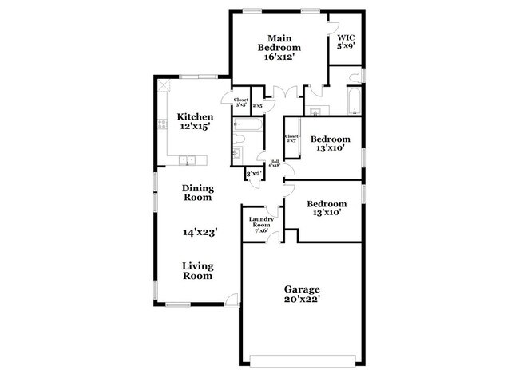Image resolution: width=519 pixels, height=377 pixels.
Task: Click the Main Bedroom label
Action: click(x=279, y=47)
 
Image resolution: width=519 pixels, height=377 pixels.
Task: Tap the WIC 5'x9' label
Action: click(x=345, y=41)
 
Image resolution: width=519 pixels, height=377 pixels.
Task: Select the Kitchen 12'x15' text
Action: click(x=194, y=122)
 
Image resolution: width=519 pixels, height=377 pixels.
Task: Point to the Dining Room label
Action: click(x=198, y=193)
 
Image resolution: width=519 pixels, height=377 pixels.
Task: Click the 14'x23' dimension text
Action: click(x=200, y=232)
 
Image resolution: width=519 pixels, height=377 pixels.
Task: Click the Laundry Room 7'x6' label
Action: click(x=261, y=224)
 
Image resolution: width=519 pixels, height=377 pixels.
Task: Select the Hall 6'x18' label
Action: click(x=274, y=165)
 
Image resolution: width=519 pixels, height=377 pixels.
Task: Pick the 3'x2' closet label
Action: click(x=254, y=174)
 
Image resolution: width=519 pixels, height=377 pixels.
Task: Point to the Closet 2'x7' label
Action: click(x=292, y=139)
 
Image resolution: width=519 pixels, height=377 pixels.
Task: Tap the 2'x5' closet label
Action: click(x=258, y=104)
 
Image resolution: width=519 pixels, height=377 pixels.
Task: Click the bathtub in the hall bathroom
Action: click(x=243, y=125)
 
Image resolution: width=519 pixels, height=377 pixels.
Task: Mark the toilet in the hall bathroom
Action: click(x=238, y=151)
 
